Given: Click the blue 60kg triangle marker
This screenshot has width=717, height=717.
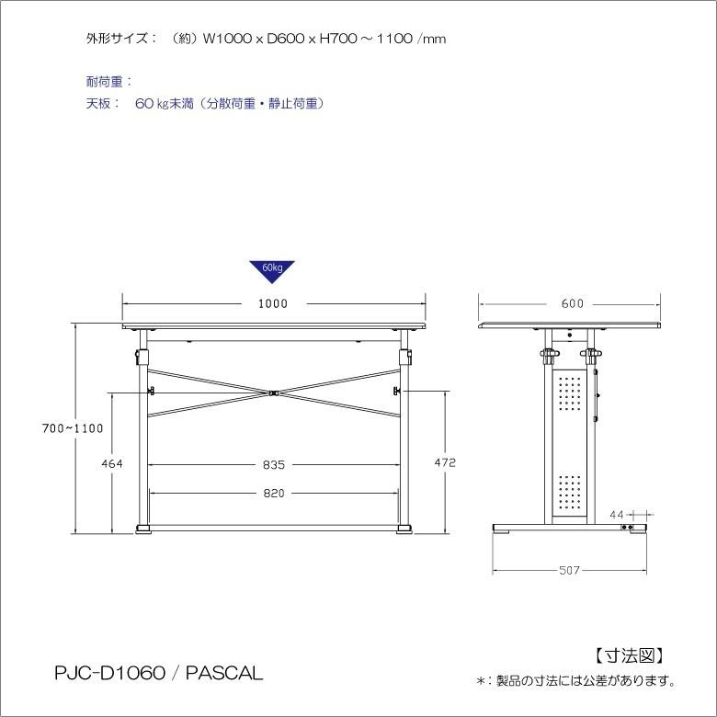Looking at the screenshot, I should [x=272, y=270].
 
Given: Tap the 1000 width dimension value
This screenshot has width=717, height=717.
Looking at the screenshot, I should [x=273, y=303].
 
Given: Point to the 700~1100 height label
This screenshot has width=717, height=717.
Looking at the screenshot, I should [x=73, y=427].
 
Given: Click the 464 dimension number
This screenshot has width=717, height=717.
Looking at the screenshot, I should [x=112, y=463].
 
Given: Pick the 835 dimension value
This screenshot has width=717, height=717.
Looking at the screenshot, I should [x=272, y=463].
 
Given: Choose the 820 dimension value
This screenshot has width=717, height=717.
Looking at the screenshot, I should [x=273, y=494].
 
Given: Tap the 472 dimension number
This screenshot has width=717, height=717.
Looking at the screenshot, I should [x=445, y=463].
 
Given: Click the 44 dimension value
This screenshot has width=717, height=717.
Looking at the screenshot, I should [x=617, y=513].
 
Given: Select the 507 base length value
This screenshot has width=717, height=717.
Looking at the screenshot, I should [x=570, y=571].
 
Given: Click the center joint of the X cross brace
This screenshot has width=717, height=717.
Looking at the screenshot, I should [x=273, y=394].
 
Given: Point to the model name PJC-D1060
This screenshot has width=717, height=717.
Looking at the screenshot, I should [x=108, y=674].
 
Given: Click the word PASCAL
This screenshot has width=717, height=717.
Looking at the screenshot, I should [x=224, y=674].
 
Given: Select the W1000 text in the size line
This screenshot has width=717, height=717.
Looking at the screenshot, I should [x=226, y=40].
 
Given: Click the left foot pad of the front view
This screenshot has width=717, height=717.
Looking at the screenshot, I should [x=144, y=528].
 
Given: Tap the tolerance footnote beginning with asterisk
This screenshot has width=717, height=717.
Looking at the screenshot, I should [x=576, y=682].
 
